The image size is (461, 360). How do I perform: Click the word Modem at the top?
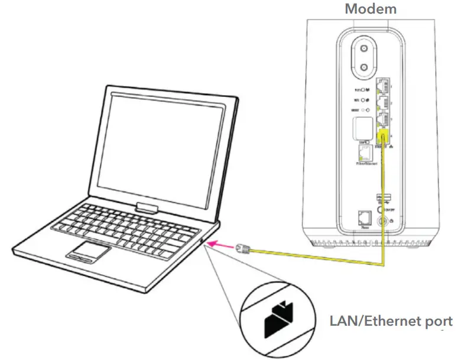tap(371, 9)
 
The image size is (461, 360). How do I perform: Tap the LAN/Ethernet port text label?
tap(391, 321)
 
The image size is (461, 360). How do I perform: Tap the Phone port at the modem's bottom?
tap(364, 218)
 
